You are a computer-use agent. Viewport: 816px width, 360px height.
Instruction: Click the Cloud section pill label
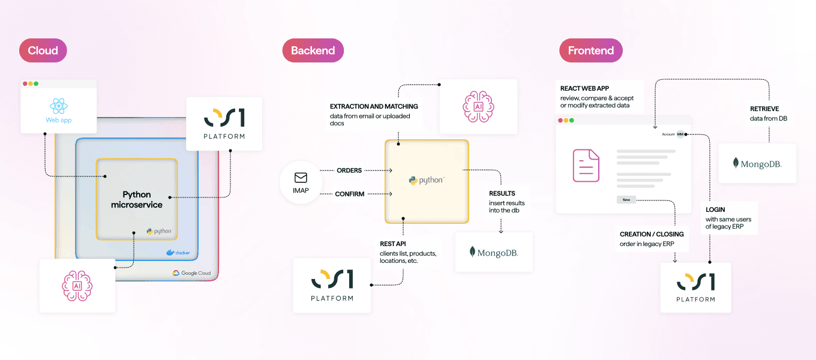[43, 50]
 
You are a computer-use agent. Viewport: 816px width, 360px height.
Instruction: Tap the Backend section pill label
[313, 50]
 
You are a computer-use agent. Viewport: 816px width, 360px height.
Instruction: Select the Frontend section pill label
[590, 50]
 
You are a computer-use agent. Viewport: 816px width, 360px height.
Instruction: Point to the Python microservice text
[137, 200]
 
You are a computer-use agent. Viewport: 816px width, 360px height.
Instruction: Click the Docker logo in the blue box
[178, 253]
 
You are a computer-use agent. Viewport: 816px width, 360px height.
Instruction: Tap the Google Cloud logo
[192, 273]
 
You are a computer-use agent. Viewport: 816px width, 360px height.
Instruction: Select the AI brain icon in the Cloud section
[77, 286]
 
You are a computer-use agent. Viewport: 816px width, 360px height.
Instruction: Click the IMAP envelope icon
[301, 178]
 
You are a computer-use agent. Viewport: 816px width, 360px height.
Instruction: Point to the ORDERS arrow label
[349, 170]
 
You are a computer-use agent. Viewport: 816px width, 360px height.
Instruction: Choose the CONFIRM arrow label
[350, 194]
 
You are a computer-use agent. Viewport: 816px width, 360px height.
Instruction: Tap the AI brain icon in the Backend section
[478, 106]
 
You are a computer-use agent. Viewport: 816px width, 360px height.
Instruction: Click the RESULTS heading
[502, 193]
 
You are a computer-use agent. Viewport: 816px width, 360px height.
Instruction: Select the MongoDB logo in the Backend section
[493, 253]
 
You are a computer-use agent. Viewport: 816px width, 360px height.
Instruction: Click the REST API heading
[394, 244]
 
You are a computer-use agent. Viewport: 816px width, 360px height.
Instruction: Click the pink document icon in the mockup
[586, 165]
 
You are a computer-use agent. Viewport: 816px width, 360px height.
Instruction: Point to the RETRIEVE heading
[764, 109]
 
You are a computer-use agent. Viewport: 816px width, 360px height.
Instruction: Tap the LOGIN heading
[715, 210]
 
